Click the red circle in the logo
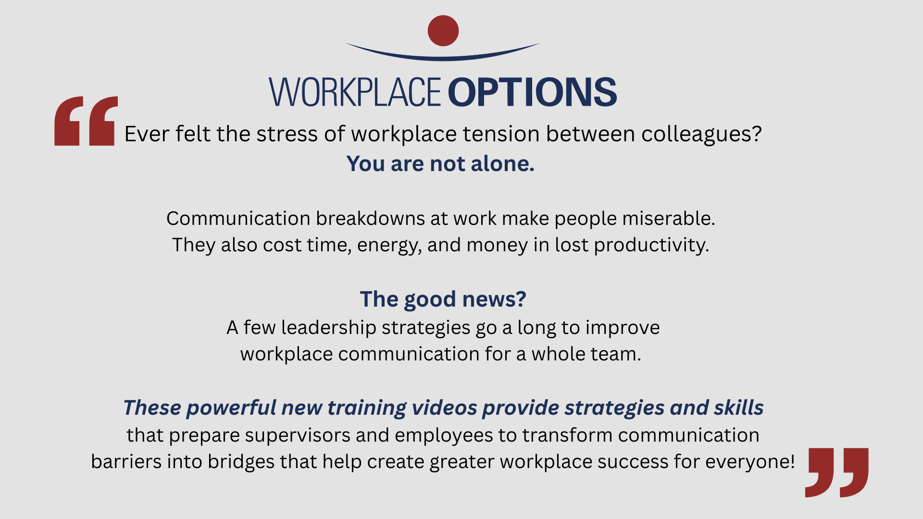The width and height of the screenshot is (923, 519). (x=443, y=31)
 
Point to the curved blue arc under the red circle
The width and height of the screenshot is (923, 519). (x=443, y=58)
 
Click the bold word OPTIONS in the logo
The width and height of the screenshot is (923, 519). (x=532, y=92)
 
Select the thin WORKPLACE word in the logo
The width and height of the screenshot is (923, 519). (x=355, y=92)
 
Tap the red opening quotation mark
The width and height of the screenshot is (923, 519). (x=86, y=121)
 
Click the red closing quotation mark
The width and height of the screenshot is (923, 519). (x=837, y=472)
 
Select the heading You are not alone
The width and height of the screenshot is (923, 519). (x=440, y=164)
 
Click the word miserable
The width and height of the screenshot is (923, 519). (x=669, y=219)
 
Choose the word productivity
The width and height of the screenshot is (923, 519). (x=651, y=246)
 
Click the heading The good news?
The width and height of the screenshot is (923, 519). (x=443, y=299)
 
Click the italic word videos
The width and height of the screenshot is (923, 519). (x=445, y=408)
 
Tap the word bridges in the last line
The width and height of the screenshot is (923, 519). (x=241, y=462)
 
